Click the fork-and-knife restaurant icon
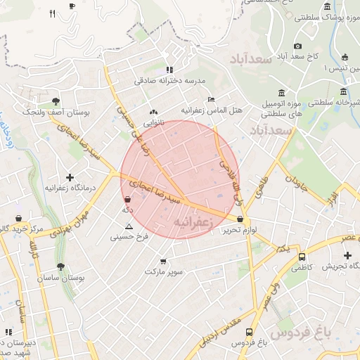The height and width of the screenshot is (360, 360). (53, 13)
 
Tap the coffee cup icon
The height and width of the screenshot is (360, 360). (72, 6)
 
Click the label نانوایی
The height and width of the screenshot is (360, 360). (154, 122)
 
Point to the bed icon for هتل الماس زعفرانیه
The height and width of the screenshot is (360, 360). (212, 99)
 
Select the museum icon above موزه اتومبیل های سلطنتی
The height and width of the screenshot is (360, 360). (281, 93)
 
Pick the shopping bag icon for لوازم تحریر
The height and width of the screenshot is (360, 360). (240, 219)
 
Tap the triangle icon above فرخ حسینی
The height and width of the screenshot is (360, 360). (129, 226)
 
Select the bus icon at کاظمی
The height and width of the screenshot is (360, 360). (302, 257)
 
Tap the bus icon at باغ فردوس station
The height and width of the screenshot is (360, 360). (250, 332)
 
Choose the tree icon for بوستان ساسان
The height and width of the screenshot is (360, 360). (60, 267)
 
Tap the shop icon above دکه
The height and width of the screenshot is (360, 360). (127, 199)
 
